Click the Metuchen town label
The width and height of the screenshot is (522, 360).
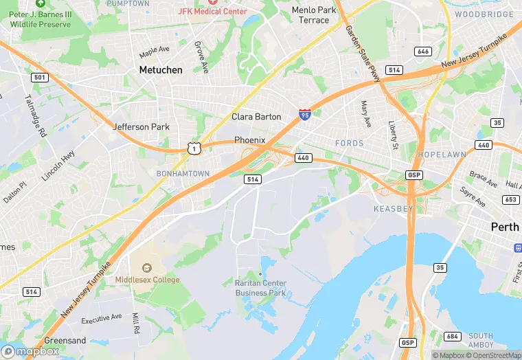coord(161,70)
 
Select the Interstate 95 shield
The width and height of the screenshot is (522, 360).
coord(304,113)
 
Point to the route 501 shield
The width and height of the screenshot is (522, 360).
coord(40,78)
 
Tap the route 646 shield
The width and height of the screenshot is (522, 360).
coord(423,52)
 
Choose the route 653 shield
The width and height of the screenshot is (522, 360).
coord(510,199)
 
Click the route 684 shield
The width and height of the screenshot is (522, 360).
coord(452,336)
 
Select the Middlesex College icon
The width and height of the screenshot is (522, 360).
coord(146,268)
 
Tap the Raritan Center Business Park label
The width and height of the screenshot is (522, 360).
coord(260,288)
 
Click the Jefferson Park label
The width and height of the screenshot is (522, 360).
coord(141,127)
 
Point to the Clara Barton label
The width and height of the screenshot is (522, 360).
coord(256,117)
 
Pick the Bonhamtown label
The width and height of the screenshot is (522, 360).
coord(183,174)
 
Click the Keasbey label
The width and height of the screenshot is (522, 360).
coord(393,208)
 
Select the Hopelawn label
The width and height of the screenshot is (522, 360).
coord(442,155)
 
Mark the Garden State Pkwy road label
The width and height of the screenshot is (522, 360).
coord(363,56)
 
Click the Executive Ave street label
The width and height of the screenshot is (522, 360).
coord(102,317)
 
